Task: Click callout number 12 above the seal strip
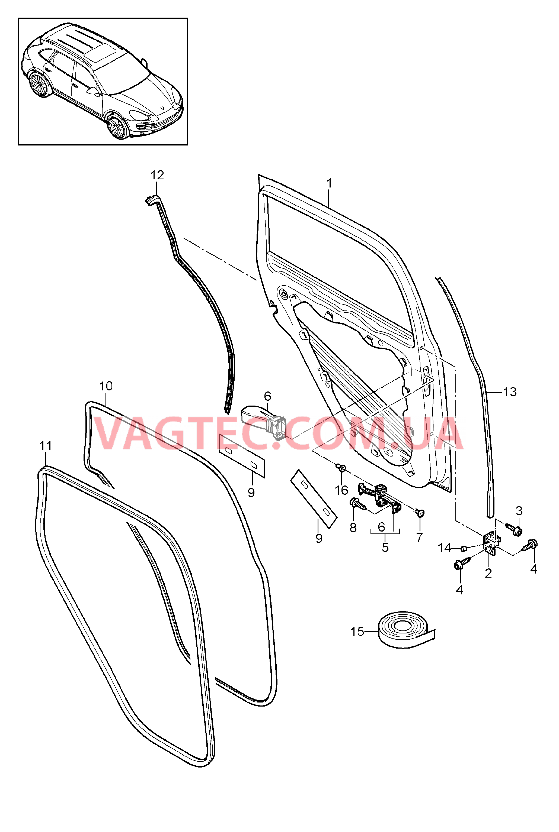coord(157,175)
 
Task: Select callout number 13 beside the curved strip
coord(510,392)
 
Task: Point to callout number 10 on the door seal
coord(106,386)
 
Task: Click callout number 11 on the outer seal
coord(46,445)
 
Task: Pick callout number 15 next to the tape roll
coord(357,632)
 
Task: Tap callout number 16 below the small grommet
coord(341,490)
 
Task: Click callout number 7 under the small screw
coord(419,537)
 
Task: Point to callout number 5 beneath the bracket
coord(385,547)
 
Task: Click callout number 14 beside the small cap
coord(445,548)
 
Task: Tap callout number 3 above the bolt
coord(519,511)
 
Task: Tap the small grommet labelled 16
coord(341,467)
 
